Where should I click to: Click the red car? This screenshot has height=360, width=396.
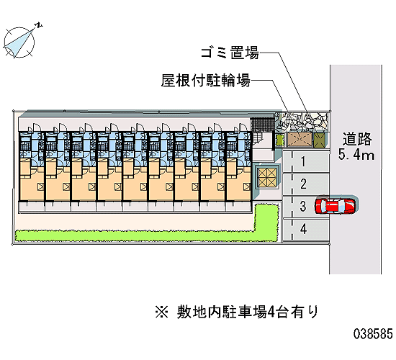tap(335, 205)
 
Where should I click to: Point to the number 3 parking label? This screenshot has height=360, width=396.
tap(303, 206)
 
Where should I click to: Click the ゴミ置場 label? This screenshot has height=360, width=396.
tap(230, 53)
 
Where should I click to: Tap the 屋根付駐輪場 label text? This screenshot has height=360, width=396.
tap(206, 81)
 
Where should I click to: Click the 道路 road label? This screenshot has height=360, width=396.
tap(357, 139)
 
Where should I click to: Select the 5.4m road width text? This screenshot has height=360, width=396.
tap(356, 155)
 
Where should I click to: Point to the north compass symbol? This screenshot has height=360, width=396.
tap(19, 42)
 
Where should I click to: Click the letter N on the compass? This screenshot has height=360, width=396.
tap(39, 25)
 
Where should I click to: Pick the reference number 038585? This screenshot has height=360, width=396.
tap(373, 334)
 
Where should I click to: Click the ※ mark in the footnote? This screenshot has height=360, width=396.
tap(161, 312)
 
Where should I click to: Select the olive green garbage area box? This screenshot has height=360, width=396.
tap(320, 140)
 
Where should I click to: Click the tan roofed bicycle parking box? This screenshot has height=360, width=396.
tap(300, 140)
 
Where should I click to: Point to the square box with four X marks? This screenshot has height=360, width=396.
tap(267, 176)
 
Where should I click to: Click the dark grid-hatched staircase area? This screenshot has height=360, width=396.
tap(262, 125)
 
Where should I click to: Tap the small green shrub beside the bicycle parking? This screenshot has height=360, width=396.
tap(279, 140)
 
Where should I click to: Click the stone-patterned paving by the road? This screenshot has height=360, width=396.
tap(302, 122)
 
